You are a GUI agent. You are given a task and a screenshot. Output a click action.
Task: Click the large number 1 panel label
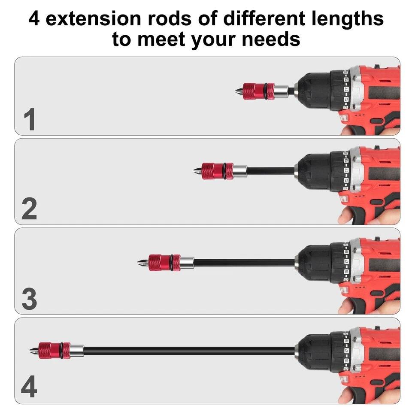(29, 120)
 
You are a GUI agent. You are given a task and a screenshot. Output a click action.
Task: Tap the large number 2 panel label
(29, 209)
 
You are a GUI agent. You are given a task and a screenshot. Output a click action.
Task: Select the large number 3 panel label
(29, 299)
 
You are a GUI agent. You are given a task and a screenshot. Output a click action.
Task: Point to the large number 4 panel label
(29, 388)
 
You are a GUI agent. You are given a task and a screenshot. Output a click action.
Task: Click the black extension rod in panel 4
(189, 351)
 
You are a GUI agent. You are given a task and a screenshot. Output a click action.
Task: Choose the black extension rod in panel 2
(270, 171)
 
